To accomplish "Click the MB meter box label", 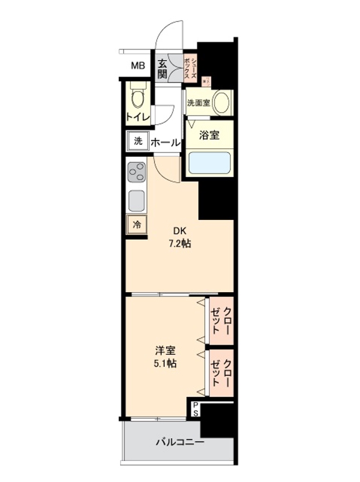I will coord(138,66).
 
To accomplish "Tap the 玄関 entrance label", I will coord(163,67).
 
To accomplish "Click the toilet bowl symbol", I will coord(137,95).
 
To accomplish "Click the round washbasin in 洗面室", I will coord(222,102).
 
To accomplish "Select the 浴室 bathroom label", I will coord(208,136).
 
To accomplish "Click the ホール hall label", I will coord(164,143).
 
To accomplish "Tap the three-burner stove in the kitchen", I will coord(136,173).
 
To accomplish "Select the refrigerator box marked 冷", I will coord(137,225).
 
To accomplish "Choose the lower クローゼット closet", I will coord(221,373).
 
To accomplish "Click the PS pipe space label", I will coord(196,410).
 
